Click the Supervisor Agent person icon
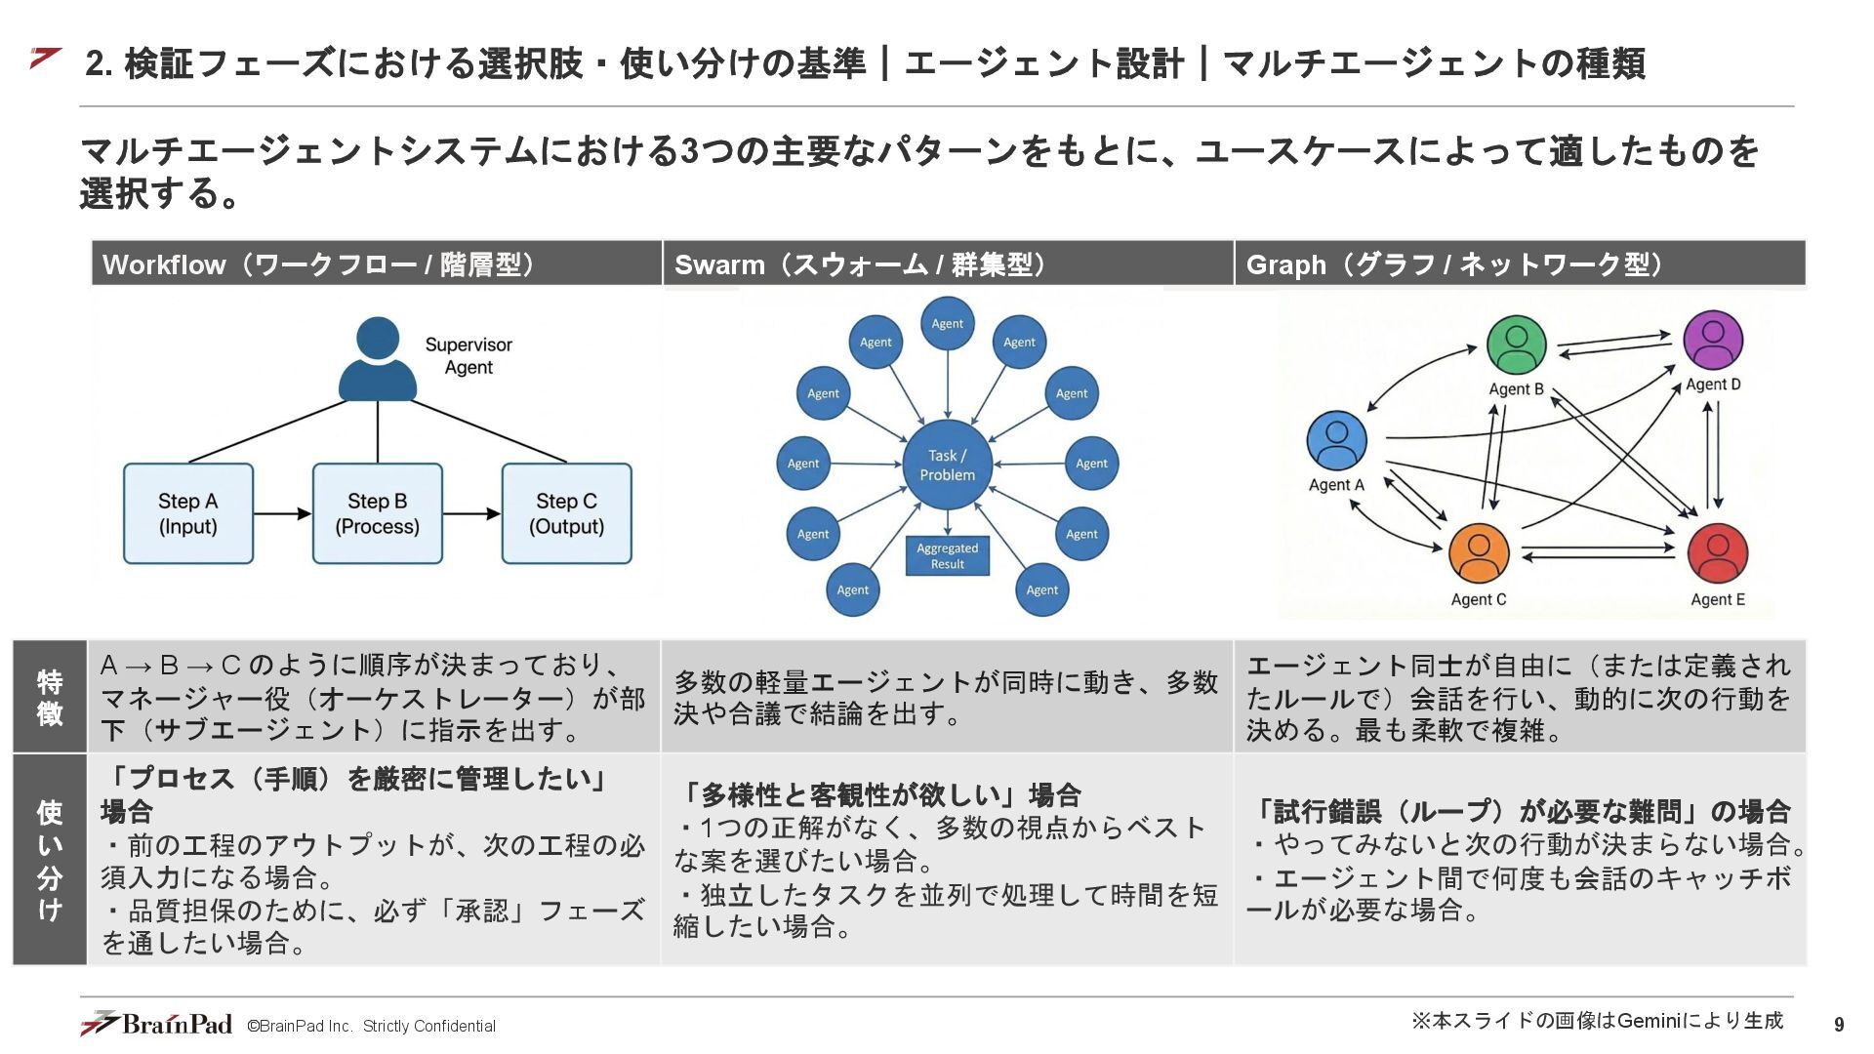point(378,359)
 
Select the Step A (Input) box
point(188,513)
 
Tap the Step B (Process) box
point(378,513)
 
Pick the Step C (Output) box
point(566,513)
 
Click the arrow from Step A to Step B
point(283,513)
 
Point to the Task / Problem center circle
point(947,465)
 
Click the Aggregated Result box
point(947,556)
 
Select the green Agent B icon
point(1516,345)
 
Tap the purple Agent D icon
point(1713,340)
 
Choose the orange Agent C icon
point(1479,553)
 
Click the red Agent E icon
point(1718,553)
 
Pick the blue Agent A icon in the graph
point(1336,440)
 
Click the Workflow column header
point(377,264)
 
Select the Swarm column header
point(948,264)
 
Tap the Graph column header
point(1520,264)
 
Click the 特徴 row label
point(50,697)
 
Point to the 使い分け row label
point(50,860)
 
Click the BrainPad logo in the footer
point(157,1024)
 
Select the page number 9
point(1839,1024)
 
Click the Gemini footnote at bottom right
point(1597,1021)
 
